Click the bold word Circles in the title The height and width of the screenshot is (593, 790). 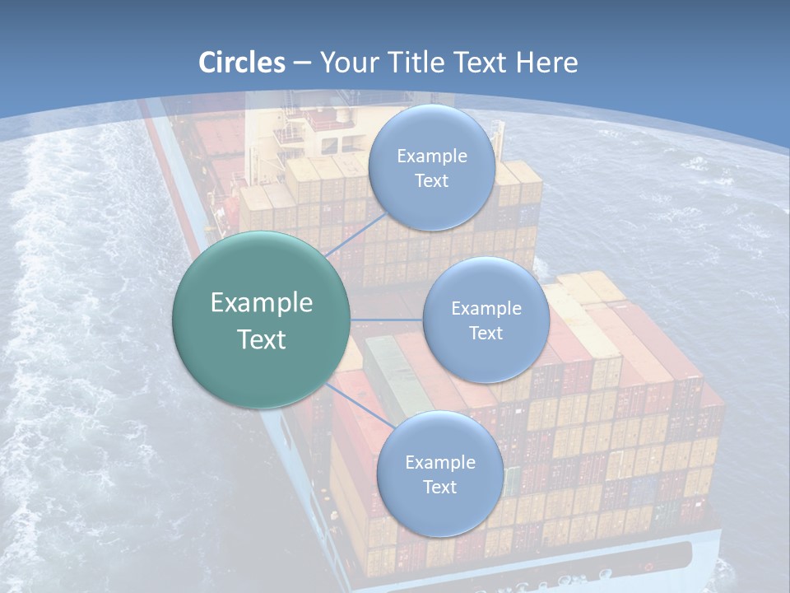242,63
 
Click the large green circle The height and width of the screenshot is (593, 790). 261,320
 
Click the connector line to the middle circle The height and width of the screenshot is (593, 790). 386,320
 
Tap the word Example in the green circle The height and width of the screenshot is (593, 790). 261,303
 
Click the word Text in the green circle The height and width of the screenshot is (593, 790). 261,339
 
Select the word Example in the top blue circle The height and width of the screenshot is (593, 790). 431,156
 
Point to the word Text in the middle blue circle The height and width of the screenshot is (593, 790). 486,334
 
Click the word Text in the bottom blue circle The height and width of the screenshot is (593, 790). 439,488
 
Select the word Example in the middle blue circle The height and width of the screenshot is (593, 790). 486,309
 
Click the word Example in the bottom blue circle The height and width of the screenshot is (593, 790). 439,463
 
